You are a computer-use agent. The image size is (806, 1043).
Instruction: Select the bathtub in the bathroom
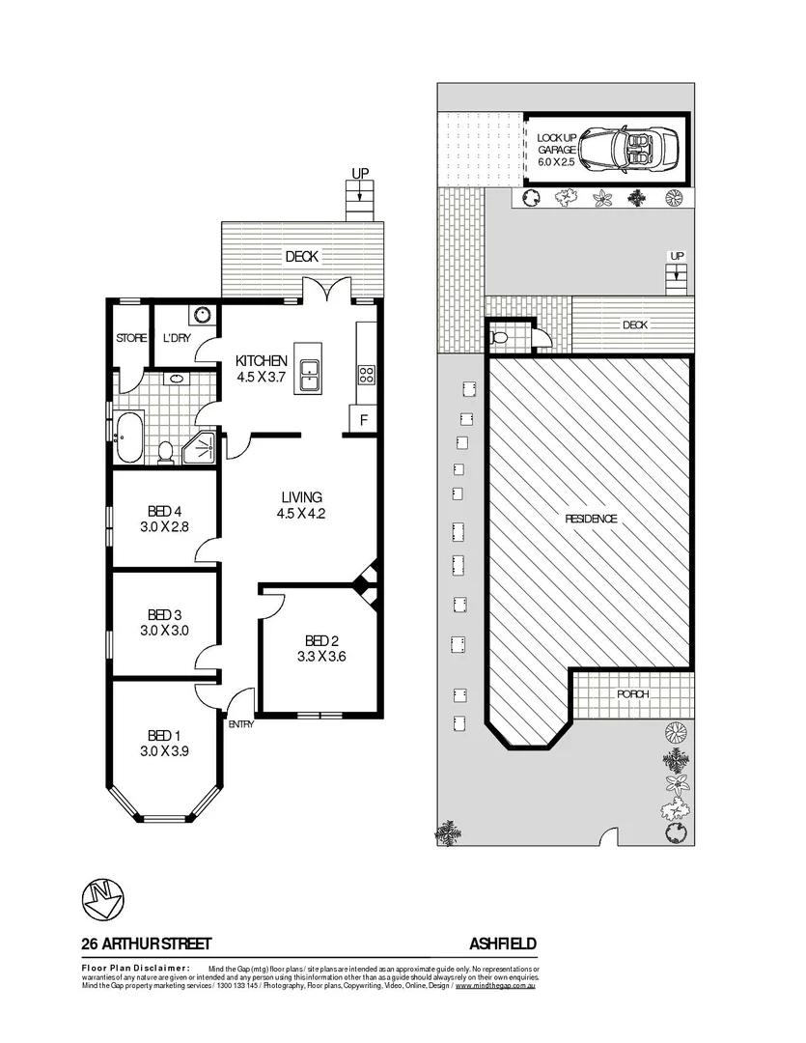click(x=128, y=437)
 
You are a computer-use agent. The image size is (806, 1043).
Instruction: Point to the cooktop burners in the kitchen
click(x=367, y=375)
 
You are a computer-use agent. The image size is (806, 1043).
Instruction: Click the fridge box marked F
click(x=363, y=420)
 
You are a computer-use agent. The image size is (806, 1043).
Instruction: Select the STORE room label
click(x=131, y=338)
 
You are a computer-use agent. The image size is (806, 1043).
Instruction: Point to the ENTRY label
click(x=240, y=724)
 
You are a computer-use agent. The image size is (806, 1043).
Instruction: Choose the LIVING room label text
click(x=300, y=497)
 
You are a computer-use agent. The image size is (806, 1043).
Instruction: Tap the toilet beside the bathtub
click(x=166, y=452)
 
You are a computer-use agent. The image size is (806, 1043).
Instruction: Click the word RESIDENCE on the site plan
click(x=591, y=519)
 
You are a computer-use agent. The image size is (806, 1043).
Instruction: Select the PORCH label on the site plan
click(x=632, y=694)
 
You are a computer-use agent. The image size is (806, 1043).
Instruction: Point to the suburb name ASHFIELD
click(x=503, y=944)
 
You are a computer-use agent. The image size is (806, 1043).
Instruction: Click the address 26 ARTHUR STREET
click(x=147, y=944)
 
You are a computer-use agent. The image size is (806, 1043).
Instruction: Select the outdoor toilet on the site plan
click(x=498, y=338)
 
